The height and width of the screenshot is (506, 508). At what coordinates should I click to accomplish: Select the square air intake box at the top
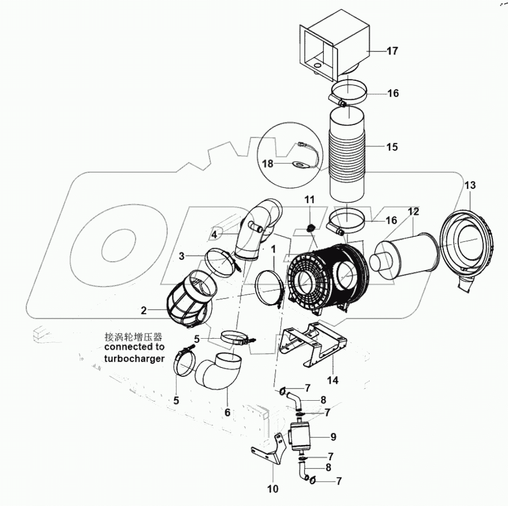(x=336, y=43)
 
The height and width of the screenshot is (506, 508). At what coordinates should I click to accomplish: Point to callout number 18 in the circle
(x=268, y=163)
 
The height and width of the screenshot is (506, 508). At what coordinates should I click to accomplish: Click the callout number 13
(x=469, y=185)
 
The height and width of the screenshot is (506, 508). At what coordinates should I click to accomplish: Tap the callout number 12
(x=413, y=211)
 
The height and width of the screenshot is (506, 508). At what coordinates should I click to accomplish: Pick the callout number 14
(x=332, y=379)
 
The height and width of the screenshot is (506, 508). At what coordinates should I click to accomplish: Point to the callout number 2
(x=144, y=310)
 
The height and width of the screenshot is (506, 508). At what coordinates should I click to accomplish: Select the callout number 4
(x=215, y=234)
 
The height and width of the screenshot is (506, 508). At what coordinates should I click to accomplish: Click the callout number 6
(x=227, y=412)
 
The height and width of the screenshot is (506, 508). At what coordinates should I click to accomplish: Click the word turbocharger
(x=134, y=358)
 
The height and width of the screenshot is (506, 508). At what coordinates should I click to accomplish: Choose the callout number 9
(x=333, y=436)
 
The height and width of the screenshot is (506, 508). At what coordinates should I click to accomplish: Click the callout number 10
(x=273, y=489)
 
